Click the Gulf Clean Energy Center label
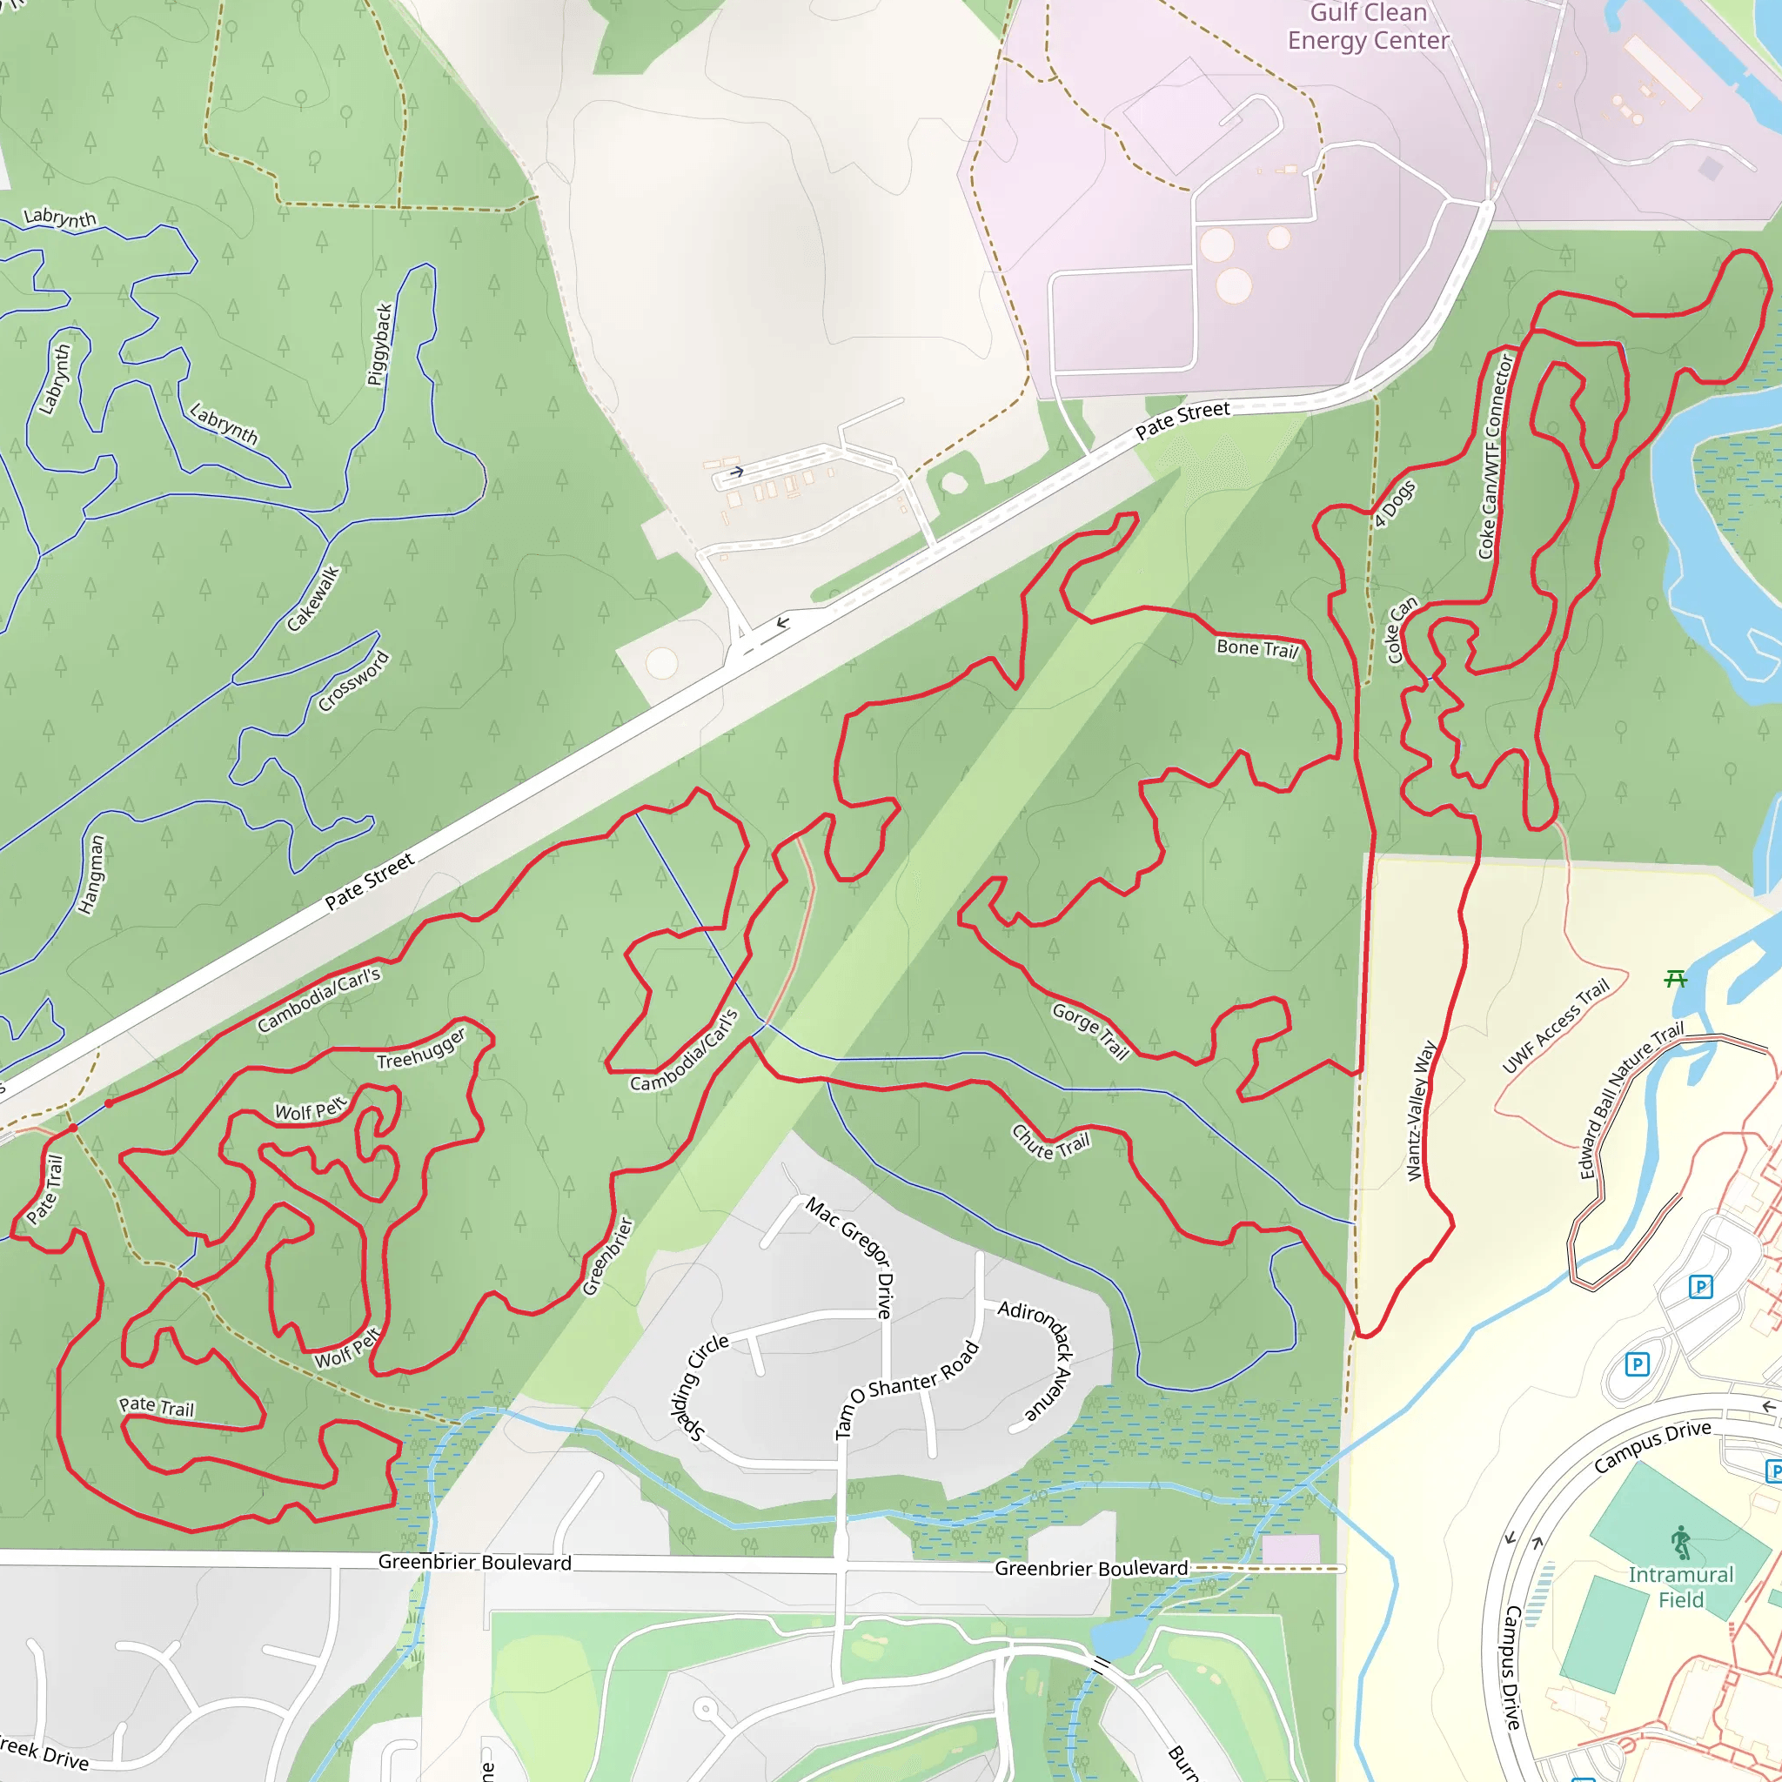pos(1368,27)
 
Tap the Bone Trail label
pos(1256,648)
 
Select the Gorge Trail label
pos(1090,1031)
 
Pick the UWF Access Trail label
pos(1555,1026)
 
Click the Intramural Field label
pos(1680,1586)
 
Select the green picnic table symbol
pos(1675,979)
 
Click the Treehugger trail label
pos(421,1049)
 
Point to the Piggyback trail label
pos(380,345)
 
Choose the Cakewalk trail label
pos(312,599)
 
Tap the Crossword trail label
pos(353,681)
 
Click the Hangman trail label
pos(92,874)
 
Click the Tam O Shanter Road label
pos(905,1388)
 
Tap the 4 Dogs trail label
pos(1394,504)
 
